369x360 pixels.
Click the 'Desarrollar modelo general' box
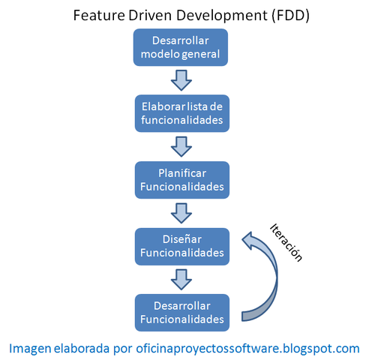point(180,46)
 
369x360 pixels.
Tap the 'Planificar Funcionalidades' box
point(181,178)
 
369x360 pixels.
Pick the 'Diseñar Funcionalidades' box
point(181,245)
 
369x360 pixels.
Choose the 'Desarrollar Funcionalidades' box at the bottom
point(181,312)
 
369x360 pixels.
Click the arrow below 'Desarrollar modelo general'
point(181,79)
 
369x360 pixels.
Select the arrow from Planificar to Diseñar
point(181,212)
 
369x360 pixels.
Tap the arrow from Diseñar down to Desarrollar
point(181,279)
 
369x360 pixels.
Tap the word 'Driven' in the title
point(148,15)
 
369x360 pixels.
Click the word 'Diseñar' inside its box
point(181,238)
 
